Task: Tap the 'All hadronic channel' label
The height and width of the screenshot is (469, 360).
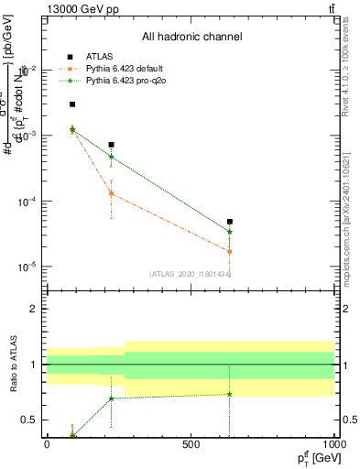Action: point(191,38)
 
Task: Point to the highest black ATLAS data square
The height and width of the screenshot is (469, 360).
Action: point(72,104)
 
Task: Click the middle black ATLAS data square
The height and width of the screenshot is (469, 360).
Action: point(111,145)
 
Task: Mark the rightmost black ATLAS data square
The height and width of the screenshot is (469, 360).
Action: point(230,222)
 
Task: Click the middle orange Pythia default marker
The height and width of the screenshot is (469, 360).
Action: point(111,193)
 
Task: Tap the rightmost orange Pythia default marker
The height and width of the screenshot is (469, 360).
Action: point(230,251)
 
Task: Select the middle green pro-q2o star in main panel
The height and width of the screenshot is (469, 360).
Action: point(111,157)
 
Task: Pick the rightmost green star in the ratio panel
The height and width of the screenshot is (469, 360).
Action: point(230,394)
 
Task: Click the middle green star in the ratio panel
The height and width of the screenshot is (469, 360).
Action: point(111,398)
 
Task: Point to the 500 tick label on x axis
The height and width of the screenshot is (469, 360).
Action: point(191,444)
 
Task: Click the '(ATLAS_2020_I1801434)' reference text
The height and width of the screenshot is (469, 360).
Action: point(191,274)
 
